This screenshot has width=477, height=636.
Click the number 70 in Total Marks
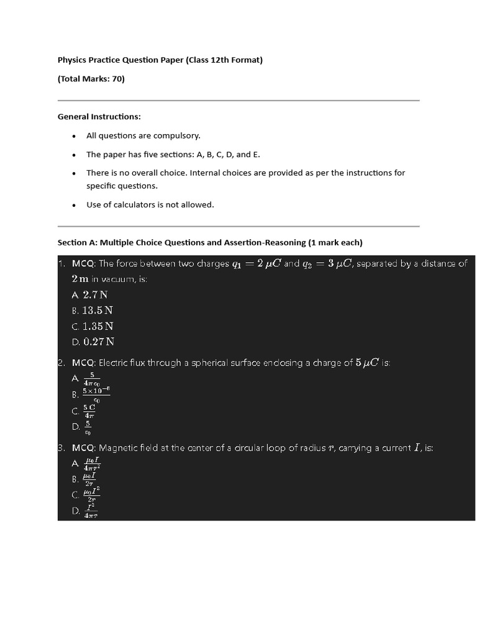coord(116,79)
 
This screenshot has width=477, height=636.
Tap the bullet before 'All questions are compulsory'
coord(74,136)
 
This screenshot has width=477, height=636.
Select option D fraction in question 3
coord(92,511)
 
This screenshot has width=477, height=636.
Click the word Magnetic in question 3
coord(117,448)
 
